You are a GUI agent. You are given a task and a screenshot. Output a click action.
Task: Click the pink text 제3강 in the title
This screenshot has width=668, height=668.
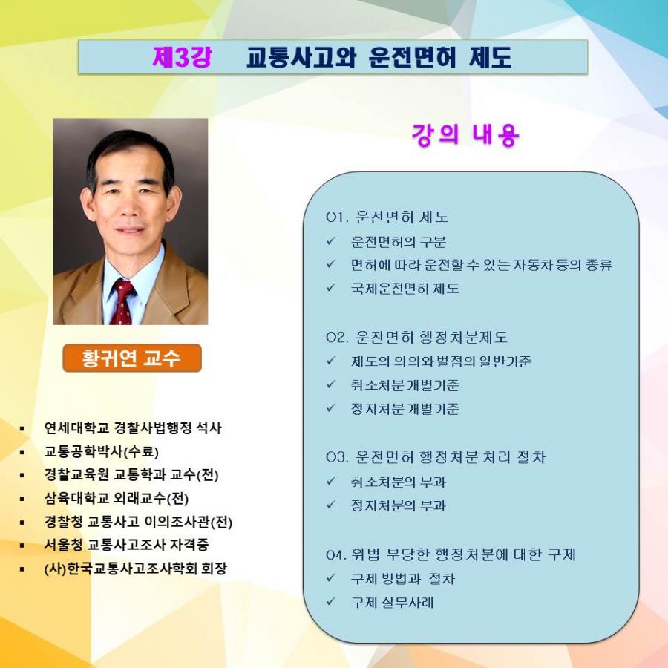182,56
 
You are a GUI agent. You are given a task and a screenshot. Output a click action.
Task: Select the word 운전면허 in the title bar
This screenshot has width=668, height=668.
413,57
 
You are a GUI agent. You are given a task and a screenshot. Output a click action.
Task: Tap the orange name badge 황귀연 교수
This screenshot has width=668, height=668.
132,358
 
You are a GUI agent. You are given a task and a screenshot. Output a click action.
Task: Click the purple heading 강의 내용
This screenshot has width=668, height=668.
465,135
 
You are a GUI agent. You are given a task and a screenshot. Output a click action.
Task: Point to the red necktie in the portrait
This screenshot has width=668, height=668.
122,303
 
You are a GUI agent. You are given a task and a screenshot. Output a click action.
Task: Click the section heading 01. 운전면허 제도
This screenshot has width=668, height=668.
387,217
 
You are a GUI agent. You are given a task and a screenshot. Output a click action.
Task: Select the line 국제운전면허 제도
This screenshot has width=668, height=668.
405,289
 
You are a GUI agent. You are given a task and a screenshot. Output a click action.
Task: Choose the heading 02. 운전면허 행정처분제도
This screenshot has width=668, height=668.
416,337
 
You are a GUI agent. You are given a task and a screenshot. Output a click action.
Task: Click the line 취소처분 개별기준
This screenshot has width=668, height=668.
405,385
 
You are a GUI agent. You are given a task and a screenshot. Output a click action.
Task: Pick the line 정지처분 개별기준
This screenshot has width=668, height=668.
405,409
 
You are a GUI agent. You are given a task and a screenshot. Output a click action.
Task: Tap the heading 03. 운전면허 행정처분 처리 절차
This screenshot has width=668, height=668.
436,457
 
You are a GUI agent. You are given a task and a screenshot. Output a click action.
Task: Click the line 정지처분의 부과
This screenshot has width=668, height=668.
399,505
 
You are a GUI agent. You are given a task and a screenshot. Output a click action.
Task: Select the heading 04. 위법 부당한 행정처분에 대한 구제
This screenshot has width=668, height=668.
451,554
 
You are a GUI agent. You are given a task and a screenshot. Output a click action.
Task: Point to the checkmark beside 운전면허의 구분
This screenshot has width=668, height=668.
331,241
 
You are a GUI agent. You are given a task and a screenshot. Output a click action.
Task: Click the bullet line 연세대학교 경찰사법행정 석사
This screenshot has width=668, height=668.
133,428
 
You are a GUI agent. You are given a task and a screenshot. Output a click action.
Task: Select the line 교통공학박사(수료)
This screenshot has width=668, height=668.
102,451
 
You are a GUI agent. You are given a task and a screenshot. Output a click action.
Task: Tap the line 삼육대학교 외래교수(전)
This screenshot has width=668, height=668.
117,498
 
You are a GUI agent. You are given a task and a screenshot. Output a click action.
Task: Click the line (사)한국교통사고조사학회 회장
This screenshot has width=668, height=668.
136,569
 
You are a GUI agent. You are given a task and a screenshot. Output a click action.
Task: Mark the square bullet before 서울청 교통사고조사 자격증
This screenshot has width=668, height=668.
22,546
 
